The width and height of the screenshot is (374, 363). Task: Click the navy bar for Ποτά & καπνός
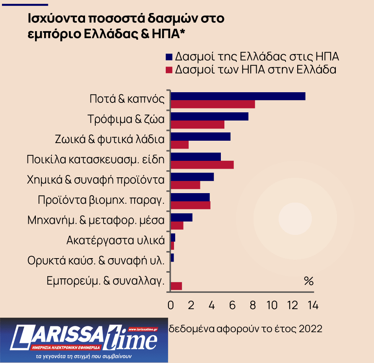pos(238,96)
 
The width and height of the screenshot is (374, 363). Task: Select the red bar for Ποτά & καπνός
pos(213,104)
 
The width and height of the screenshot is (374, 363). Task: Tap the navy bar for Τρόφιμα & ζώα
pos(209,116)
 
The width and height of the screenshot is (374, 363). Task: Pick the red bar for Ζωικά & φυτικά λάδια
pos(179,145)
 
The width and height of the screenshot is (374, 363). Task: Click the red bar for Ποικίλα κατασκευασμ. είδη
pos(202,165)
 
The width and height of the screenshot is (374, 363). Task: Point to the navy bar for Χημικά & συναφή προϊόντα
pos(192,177)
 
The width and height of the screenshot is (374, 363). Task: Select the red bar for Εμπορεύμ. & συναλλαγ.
pos(176,286)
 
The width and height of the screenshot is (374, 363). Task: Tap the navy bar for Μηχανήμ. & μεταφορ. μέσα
pos(181,217)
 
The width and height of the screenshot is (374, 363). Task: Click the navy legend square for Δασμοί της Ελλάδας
pos(169,57)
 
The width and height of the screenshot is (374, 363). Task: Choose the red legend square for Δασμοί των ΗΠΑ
pos(169,70)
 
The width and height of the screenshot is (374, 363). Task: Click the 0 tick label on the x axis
pos(170,305)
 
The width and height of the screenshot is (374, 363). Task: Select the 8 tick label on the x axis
pos(252,305)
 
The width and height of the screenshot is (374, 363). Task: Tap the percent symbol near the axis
pos(308,281)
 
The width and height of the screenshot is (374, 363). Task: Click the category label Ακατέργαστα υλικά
pos(115,240)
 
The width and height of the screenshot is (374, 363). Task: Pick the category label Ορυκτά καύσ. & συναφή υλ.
pos(96,261)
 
